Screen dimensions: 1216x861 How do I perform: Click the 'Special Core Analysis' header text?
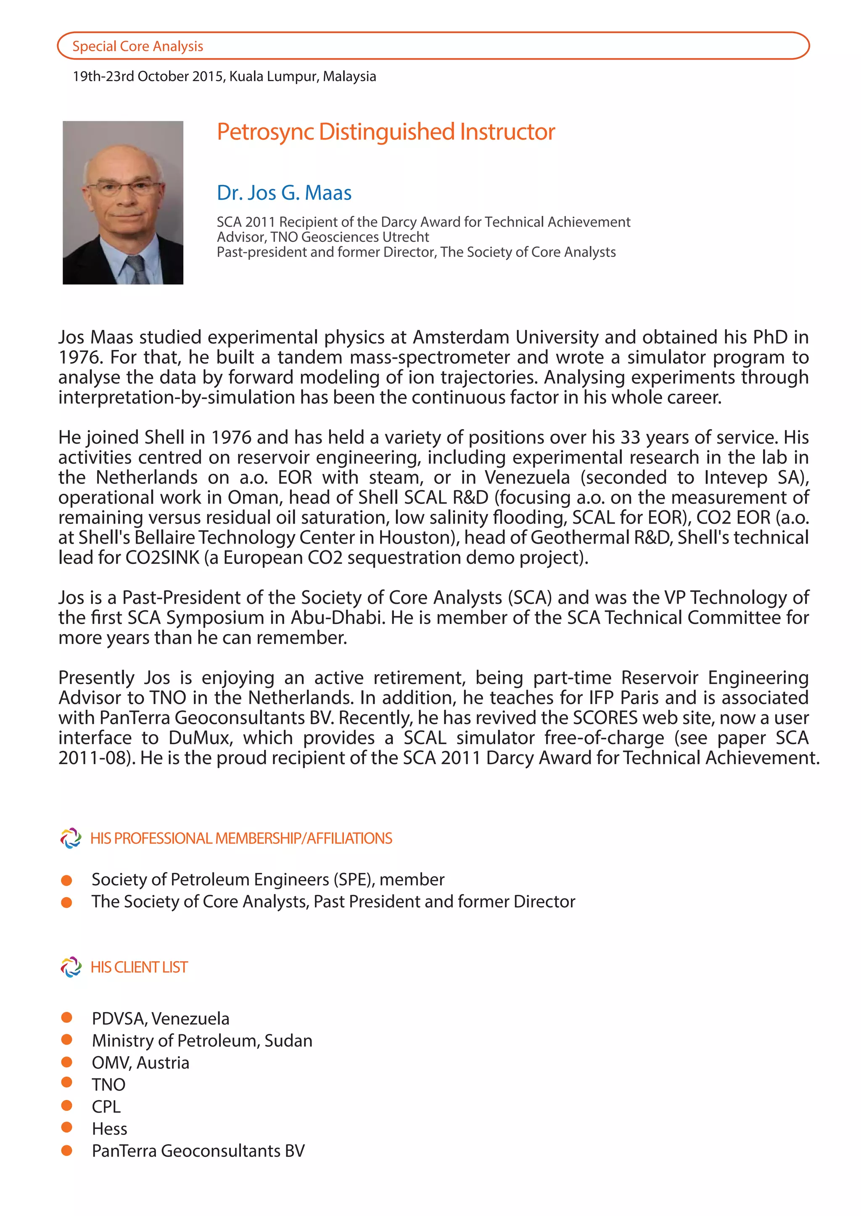pos(137,46)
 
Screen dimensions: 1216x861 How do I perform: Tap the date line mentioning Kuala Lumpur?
pos(224,77)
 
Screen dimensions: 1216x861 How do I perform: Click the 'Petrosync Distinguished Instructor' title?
pos(386,132)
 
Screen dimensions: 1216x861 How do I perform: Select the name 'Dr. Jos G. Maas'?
pos(284,193)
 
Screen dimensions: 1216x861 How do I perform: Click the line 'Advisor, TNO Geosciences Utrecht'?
pos(322,237)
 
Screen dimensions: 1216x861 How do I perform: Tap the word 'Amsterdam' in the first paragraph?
pos(461,337)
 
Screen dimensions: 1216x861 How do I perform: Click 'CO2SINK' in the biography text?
pos(162,558)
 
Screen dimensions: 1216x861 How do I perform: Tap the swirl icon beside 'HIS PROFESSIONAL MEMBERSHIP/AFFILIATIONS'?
pos(71,838)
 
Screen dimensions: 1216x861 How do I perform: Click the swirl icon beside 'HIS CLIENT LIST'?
pos(71,967)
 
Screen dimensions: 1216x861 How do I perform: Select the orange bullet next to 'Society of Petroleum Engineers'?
pos(67,880)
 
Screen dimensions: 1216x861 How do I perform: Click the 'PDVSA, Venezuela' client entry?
pos(160,1018)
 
